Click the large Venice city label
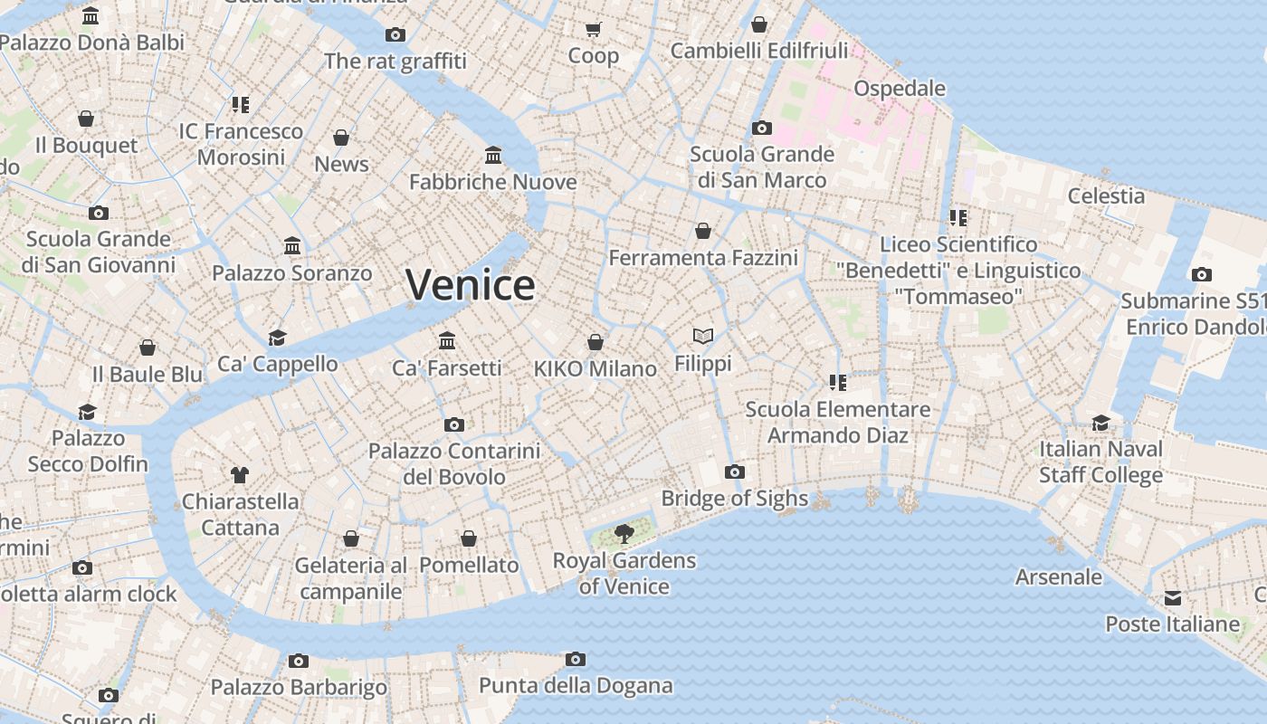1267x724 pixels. tap(470, 285)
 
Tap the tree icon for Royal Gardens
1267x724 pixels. tap(624, 533)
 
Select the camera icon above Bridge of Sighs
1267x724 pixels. tap(735, 472)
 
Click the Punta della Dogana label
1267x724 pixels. tap(576, 685)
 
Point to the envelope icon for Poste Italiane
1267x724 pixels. tap(1173, 598)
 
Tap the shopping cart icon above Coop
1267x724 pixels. tap(594, 30)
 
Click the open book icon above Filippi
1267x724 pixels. tap(703, 336)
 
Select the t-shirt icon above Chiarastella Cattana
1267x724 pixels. tap(240, 474)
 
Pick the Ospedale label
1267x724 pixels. tap(900, 88)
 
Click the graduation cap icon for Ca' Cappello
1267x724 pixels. tap(277, 338)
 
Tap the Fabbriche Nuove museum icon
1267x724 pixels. tap(493, 156)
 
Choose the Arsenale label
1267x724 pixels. tap(1059, 576)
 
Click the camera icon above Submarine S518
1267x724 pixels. tap(1202, 274)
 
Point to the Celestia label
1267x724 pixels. tap(1106, 195)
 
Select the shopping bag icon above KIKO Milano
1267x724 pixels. tap(595, 342)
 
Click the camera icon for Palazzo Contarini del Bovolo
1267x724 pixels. tap(454, 424)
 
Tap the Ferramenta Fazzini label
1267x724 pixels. tap(703, 258)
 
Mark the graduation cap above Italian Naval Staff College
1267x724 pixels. tap(1100, 423)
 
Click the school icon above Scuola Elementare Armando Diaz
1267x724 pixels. tap(838, 383)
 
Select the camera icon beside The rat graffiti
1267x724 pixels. tap(395, 34)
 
